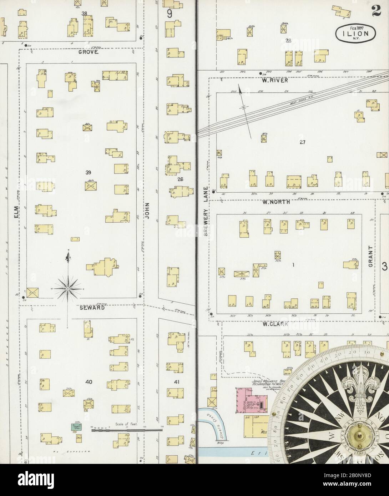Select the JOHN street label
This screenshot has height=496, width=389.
coord(147,208)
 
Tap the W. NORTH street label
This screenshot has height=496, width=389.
coord(276,202)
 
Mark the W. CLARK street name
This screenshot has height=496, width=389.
coord(275,324)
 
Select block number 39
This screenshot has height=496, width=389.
coord(88,173)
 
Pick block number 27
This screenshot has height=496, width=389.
coord(303,142)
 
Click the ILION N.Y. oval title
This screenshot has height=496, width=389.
coord(355,34)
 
